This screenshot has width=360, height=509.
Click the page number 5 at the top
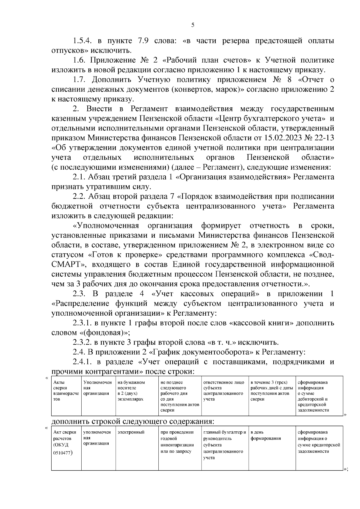coord(193,25)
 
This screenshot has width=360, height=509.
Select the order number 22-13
coord(322,138)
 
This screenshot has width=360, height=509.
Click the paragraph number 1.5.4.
coord(82,41)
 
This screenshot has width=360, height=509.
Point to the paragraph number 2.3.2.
coord(82,342)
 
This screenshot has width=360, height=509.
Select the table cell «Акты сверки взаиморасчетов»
coord(66,391)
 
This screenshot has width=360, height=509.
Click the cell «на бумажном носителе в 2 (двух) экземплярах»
coord(137,391)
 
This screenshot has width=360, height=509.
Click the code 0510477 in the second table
coord(62,453)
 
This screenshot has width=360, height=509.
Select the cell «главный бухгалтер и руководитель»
coord(225,435)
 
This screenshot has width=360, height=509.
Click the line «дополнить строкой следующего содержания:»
coord(133,421)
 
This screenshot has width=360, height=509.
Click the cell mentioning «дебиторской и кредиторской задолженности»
coord(319,396)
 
